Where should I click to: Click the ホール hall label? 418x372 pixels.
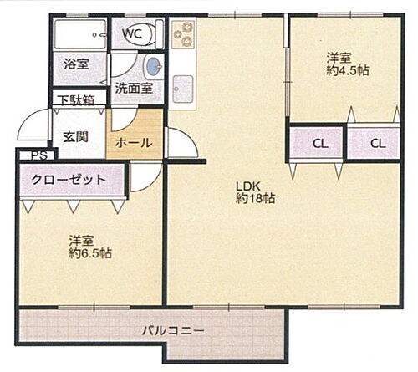[x=134, y=142]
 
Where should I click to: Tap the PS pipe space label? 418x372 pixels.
[x=38, y=155]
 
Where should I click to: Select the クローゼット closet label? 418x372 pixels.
[x=69, y=180]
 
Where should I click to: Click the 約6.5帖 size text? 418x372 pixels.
[x=91, y=253]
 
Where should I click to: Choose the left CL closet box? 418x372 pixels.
[x=319, y=143]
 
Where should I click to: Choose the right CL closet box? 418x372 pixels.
[x=378, y=143]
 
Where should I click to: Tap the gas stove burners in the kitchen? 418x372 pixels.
[x=183, y=37]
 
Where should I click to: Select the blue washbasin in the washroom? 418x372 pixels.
[x=152, y=68]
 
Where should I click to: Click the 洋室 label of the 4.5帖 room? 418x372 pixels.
[x=338, y=57]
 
